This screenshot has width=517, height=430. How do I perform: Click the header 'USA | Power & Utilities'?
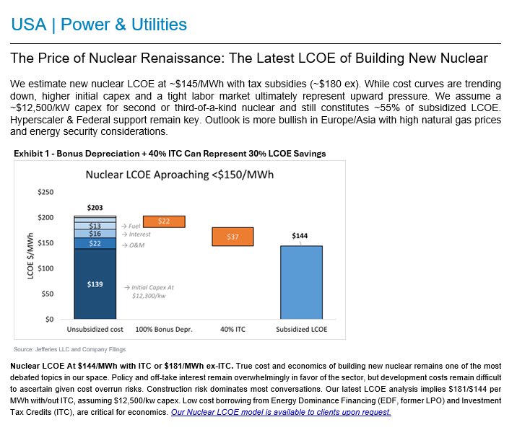(x=99, y=25)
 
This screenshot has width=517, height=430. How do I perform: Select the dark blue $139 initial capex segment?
(x=95, y=284)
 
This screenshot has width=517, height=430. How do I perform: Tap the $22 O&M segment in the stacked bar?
(x=95, y=243)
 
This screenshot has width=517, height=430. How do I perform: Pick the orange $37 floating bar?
(x=233, y=237)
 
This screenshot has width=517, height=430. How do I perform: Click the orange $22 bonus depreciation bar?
(x=164, y=221)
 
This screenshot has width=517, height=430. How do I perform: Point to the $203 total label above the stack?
(x=95, y=208)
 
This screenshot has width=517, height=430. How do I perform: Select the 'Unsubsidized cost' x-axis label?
(x=95, y=330)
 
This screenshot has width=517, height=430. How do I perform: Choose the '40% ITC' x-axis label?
(x=233, y=330)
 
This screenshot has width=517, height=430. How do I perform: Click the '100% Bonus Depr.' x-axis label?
(x=164, y=330)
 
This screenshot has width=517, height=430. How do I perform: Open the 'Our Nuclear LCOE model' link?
(x=281, y=412)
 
